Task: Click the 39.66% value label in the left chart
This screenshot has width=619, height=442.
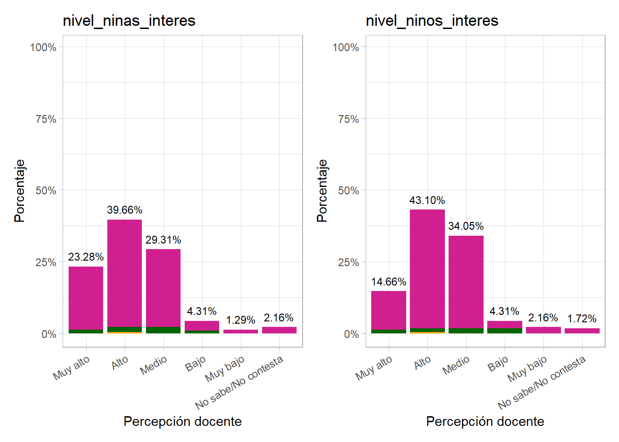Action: tap(124, 210)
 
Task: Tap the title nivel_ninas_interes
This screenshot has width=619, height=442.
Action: tap(129, 21)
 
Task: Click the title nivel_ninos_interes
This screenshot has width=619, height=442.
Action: tap(432, 21)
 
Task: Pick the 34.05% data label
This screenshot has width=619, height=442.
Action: tap(466, 226)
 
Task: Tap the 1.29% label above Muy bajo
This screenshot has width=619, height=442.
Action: tap(240, 320)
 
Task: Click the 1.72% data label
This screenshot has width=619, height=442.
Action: tap(582, 319)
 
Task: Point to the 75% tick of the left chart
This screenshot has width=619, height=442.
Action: tap(46, 119)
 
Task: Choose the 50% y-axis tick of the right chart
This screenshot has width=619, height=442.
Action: tap(348, 191)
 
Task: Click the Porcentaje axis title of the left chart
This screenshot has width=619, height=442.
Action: tap(19, 191)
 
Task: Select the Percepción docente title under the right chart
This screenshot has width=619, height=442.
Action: tap(485, 421)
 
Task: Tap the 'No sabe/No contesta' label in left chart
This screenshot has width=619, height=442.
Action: tap(239, 383)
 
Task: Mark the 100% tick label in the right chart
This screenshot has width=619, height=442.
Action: tap(345, 47)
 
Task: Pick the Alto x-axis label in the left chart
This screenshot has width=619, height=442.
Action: tap(120, 363)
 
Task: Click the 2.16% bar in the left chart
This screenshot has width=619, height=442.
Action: tap(279, 330)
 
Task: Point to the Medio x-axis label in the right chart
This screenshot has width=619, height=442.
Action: tap(456, 365)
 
